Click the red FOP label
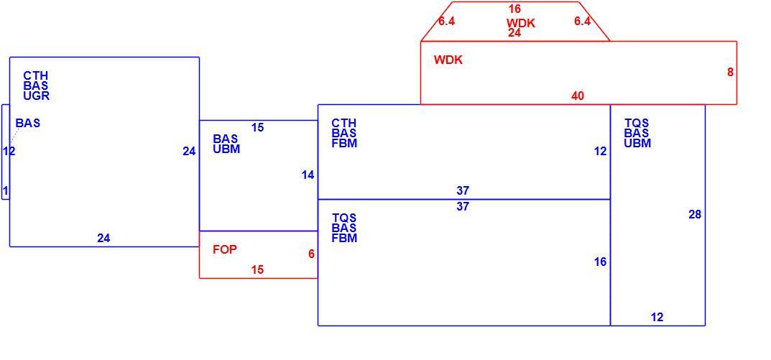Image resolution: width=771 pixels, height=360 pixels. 225,250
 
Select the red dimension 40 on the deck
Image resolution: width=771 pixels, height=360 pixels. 578,96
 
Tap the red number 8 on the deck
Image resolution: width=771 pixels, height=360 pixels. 730,73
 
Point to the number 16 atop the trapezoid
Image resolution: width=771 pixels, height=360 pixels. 514,9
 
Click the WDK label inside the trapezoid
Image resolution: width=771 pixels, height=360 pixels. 521,23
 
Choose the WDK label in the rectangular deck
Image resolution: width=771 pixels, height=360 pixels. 448,60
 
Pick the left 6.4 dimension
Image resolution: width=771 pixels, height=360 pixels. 446,22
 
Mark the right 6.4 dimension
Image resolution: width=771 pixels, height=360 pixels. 583,22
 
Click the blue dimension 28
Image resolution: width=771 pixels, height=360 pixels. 695,214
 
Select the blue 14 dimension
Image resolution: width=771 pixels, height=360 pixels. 308,175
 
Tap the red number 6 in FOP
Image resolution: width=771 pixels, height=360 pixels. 311,254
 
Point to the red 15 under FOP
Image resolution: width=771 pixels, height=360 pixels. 257,270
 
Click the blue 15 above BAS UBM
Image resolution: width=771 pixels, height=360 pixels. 257,128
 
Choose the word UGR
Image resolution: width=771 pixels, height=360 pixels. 37,96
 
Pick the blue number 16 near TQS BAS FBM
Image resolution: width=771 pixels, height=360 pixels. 601,262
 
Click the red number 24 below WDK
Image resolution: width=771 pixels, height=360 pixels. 514,33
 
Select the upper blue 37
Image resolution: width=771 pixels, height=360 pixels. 463,191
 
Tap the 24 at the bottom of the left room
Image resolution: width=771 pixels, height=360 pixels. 103,239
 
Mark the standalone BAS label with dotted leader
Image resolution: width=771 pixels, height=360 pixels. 28,124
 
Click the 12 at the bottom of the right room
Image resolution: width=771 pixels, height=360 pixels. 657,318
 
